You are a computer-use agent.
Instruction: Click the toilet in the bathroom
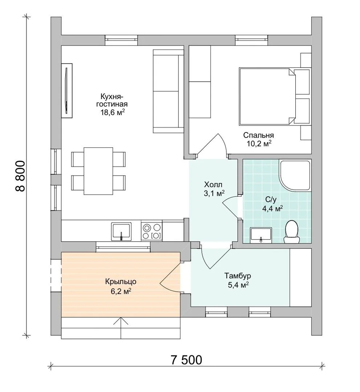tap(291, 232)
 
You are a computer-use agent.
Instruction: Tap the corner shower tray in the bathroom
tap(295, 176)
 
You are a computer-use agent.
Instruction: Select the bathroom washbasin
tap(261, 235)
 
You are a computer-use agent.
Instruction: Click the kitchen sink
tap(121, 231)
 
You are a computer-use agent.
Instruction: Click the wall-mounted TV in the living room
tap(67, 90)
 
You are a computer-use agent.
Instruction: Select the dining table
tap(98, 171)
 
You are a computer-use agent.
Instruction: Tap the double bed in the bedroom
tap(267, 96)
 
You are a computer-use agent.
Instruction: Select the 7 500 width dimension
tap(187, 360)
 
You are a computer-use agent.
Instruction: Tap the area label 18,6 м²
tap(113, 112)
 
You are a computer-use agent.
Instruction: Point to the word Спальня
tap(258, 135)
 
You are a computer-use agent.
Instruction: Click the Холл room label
tap(213, 185)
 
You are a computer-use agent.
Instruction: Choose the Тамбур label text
tap(237, 276)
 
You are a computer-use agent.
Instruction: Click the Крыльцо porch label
tap(121, 282)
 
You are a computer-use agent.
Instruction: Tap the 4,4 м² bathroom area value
tap(273, 208)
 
